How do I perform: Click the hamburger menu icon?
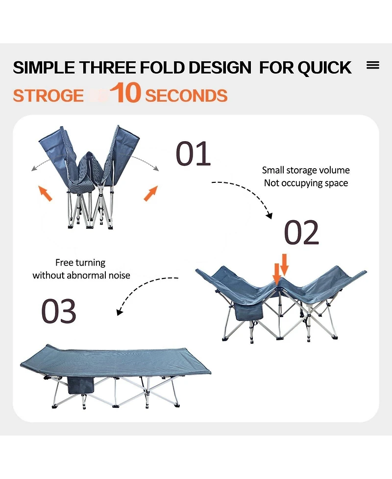373,65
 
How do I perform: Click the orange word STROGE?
48,95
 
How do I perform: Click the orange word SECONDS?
186,95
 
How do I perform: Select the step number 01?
193,153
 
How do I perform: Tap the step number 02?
302,233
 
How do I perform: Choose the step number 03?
59,311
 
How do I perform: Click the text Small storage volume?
306,170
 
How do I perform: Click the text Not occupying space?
306,183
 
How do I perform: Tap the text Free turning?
80,263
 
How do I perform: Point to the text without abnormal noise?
81,275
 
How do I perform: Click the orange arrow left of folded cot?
46,193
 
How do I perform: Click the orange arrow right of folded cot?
150,193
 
